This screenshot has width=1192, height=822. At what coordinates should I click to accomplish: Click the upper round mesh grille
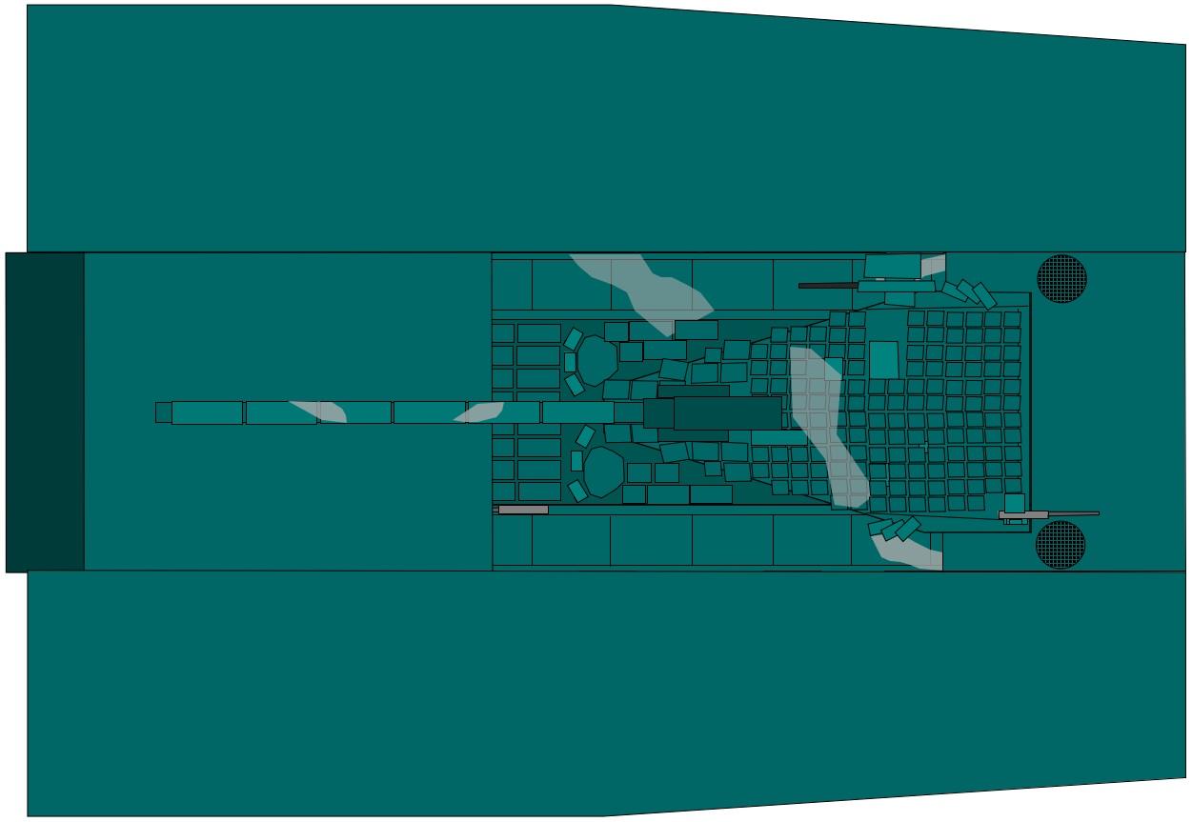click(1061, 278)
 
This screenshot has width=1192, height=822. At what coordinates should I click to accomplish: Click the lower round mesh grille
click(1060, 544)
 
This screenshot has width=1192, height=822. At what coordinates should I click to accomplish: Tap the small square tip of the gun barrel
click(163, 412)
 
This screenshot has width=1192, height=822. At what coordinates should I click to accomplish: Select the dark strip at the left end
click(45, 411)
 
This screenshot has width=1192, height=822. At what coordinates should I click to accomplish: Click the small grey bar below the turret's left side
click(523, 510)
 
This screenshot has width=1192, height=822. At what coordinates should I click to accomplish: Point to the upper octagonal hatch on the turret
click(597, 360)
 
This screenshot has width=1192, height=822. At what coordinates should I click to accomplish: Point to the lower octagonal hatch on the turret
click(602, 471)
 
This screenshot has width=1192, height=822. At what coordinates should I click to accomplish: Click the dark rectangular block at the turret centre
click(726, 413)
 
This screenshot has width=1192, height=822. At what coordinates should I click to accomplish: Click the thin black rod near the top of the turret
click(828, 285)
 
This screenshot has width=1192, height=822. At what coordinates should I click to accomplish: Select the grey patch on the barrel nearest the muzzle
click(320, 411)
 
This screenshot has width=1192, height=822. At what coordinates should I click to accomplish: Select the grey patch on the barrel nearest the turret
click(480, 412)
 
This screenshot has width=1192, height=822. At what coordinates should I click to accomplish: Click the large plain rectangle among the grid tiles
click(883, 360)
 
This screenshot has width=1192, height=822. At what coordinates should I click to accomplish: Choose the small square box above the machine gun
click(1014, 503)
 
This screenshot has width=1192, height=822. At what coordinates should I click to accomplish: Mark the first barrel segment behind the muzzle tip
click(207, 412)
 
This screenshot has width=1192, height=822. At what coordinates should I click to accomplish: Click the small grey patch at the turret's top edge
click(933, 265)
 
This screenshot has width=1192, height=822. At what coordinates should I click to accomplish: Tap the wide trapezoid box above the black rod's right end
click(892, 266)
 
